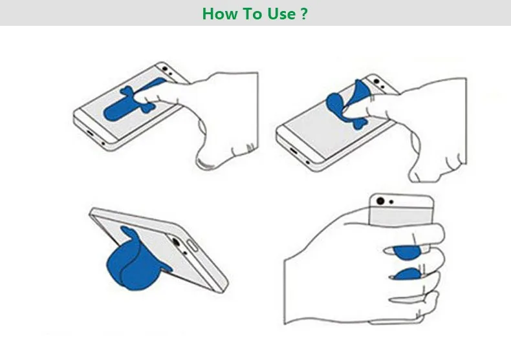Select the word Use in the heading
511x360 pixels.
[x=281, y=14]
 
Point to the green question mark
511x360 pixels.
[x=303, y=14]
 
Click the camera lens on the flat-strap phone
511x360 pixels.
[x=165, y=69]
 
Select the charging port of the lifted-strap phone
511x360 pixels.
[x=294, y=151]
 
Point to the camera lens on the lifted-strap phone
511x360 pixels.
[x=376, y=81]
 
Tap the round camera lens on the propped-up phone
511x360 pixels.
[x=176, y=242]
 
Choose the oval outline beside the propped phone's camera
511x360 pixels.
[x=192, y=246]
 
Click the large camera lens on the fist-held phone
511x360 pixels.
[x=380, y=201]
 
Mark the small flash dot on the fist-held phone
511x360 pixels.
[x=391, y=202]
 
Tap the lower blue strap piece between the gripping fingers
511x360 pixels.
[x=408, y=275]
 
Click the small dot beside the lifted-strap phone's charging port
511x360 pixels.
[x=308, y=162]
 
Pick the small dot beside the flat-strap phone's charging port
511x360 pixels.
[x=103, y=143]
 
